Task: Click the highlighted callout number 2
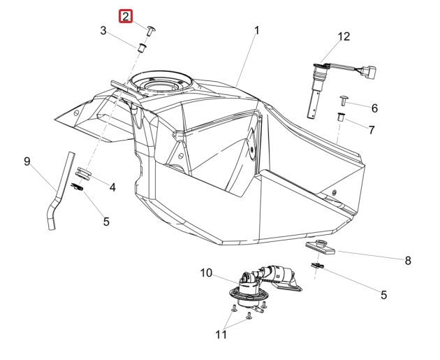pyautogui.click(x=126, y=17)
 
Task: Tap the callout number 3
pyautogui.click(x=103, y=31)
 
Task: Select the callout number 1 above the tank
pyautogui.click(x=257, y=30)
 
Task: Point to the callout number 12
pyautogui.click(x=344, y=37)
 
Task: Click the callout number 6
pyautogui.click(x=374, y=108)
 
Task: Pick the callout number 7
pyautogui.click(x=372, y=130)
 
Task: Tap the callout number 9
pyautogui.click(x=27, y=161)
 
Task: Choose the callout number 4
pyautogui.click(x=112, y=187)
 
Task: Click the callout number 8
pyautogui.click(x=408, y=261)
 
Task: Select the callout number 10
pyautogui.click(x=206, y=273)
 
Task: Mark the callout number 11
pyautogui.click(x=221, y=334)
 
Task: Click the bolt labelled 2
pyautogui.click(x=151, y=30)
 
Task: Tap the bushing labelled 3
pyautogui.click(x=142, y=48)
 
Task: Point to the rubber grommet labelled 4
pyautogui.click(x=84, y=173)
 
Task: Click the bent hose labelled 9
pyautogui.click(x=61, y=191)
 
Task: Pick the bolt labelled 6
pyautogui.click(x=344, y=100)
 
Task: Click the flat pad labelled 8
pyautogui.click(x=321, y=247)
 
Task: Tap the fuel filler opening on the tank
pyautogui.click(x=162, y=82)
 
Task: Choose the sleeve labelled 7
pyautogui.click(x=341, y=117)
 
